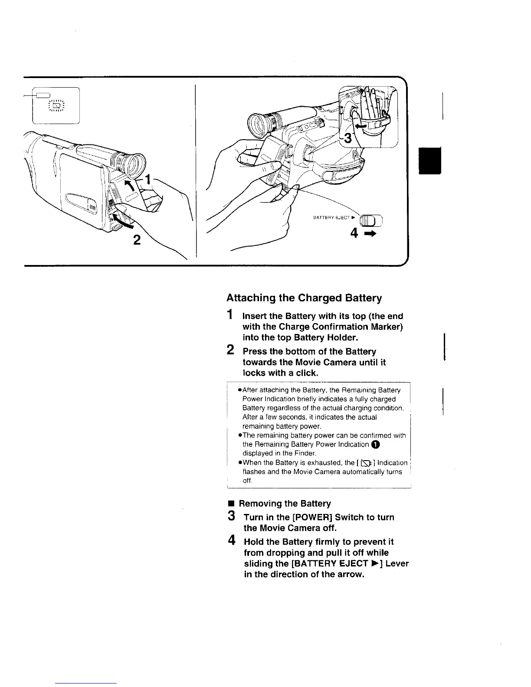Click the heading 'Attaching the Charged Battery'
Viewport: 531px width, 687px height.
tap(304, 298)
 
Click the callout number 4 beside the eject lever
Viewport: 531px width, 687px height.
tap(354, 234)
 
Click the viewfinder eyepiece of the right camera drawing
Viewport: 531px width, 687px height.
tap(256, 125)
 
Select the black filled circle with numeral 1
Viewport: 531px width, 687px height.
tap(375, 444)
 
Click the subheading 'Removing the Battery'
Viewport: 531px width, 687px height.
tap(285, 504)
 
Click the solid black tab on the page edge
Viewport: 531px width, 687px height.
tap(429, 160)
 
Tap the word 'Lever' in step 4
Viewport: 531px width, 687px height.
tap(397, 564)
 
